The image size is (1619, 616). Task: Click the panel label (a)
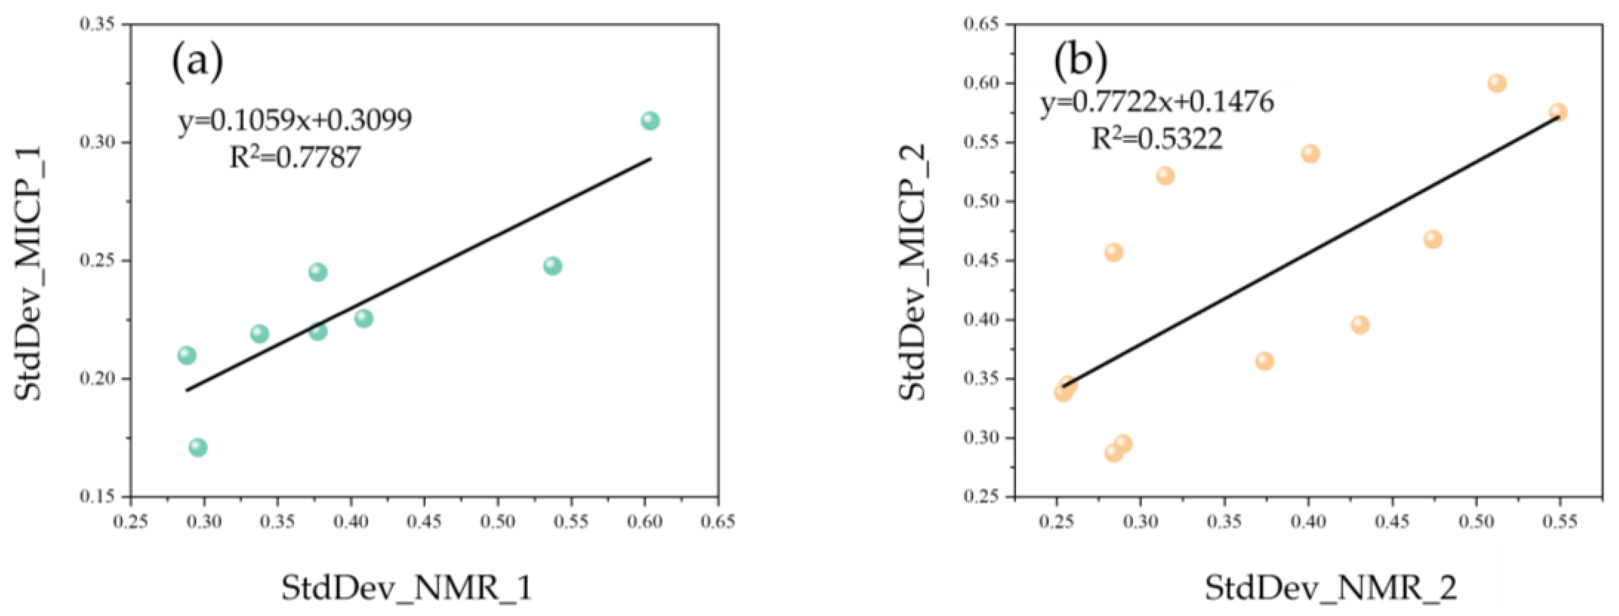(197, 64)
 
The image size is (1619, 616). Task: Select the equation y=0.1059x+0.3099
(295, 120)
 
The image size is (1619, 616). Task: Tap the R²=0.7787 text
(295, 157)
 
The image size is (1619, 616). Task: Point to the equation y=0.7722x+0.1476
(1157, 101)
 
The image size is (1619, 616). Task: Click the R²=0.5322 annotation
(1157, 138)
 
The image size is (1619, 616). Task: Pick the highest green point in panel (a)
(650, 121)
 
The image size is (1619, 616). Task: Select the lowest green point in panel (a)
(198, 447)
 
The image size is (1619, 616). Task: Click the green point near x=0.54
(553, 266)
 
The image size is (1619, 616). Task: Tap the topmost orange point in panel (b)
(1497, 84)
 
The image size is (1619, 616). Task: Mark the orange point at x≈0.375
(1265, 362)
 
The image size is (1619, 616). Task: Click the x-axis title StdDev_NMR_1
(407, 588)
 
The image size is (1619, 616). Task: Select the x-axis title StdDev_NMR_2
(1330, 588)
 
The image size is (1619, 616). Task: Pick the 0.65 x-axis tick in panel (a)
(718, 522)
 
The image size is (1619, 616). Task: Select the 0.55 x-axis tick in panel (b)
(1559, 522)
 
